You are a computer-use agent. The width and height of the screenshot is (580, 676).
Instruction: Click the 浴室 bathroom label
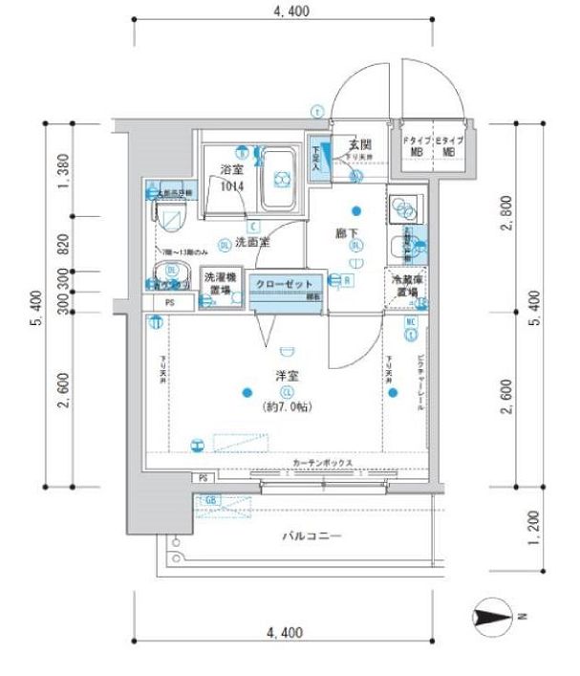[232, 169]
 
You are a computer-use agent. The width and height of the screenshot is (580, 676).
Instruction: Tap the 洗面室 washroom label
[252, 243]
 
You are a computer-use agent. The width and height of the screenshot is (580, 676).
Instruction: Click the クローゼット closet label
[284, 283]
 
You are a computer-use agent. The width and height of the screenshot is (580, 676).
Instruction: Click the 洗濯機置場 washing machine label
[219, 283]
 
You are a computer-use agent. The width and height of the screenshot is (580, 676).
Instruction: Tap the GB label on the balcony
[211, 500]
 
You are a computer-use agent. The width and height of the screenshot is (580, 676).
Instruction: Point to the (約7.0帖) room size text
[286, 407]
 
